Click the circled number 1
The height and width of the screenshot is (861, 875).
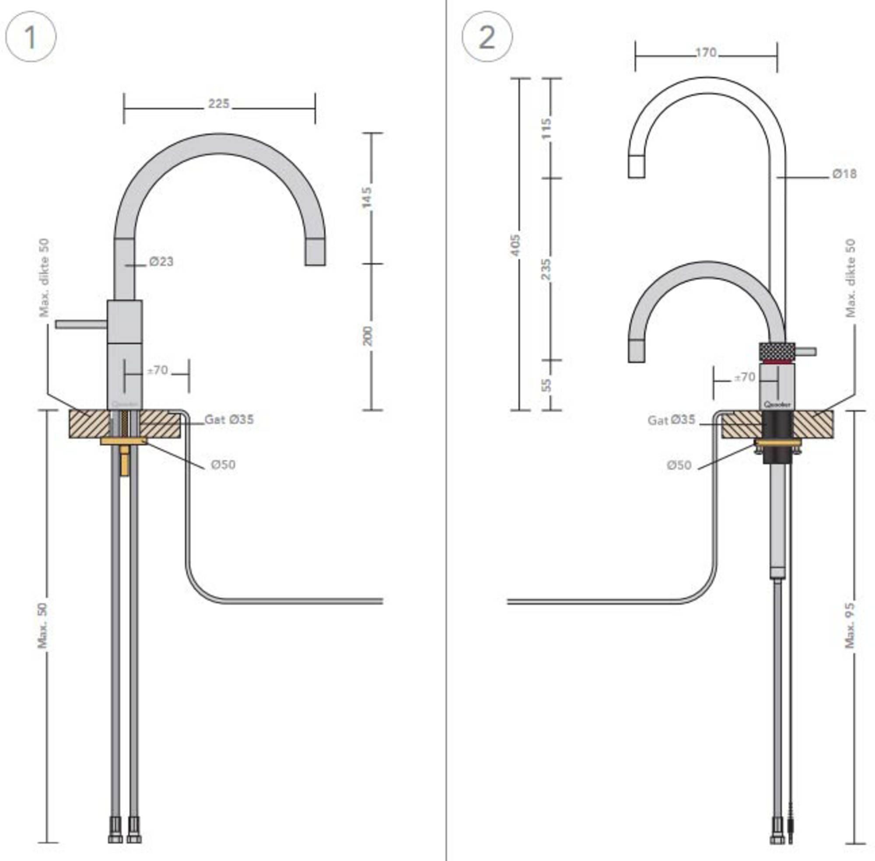tap(30, 37)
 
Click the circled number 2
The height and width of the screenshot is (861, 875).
tap(487, 37)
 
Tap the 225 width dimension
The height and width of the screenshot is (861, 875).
tap(218, 104)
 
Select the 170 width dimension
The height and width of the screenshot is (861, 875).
tap(705, 53)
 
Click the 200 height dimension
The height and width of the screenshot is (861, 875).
tap(368, 335)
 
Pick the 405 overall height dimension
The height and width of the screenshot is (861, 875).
tap(515, 244)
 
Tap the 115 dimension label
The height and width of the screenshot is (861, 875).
tap(546, 129)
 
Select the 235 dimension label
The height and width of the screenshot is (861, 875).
tap(546, 268)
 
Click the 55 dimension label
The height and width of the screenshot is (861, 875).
tap(546, 385)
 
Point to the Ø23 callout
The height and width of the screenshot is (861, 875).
tap(161, 261)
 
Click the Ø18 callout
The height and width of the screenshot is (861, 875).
tap(844, 174)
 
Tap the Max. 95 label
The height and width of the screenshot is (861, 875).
tap(850, 625)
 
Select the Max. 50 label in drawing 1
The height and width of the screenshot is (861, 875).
tap(42, 625)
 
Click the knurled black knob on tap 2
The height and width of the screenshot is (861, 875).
tap(777, 350)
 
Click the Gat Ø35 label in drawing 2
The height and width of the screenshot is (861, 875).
tap(671, 420)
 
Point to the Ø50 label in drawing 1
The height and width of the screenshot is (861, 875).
tap(223, 464)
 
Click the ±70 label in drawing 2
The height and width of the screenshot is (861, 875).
tap(744, 376)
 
